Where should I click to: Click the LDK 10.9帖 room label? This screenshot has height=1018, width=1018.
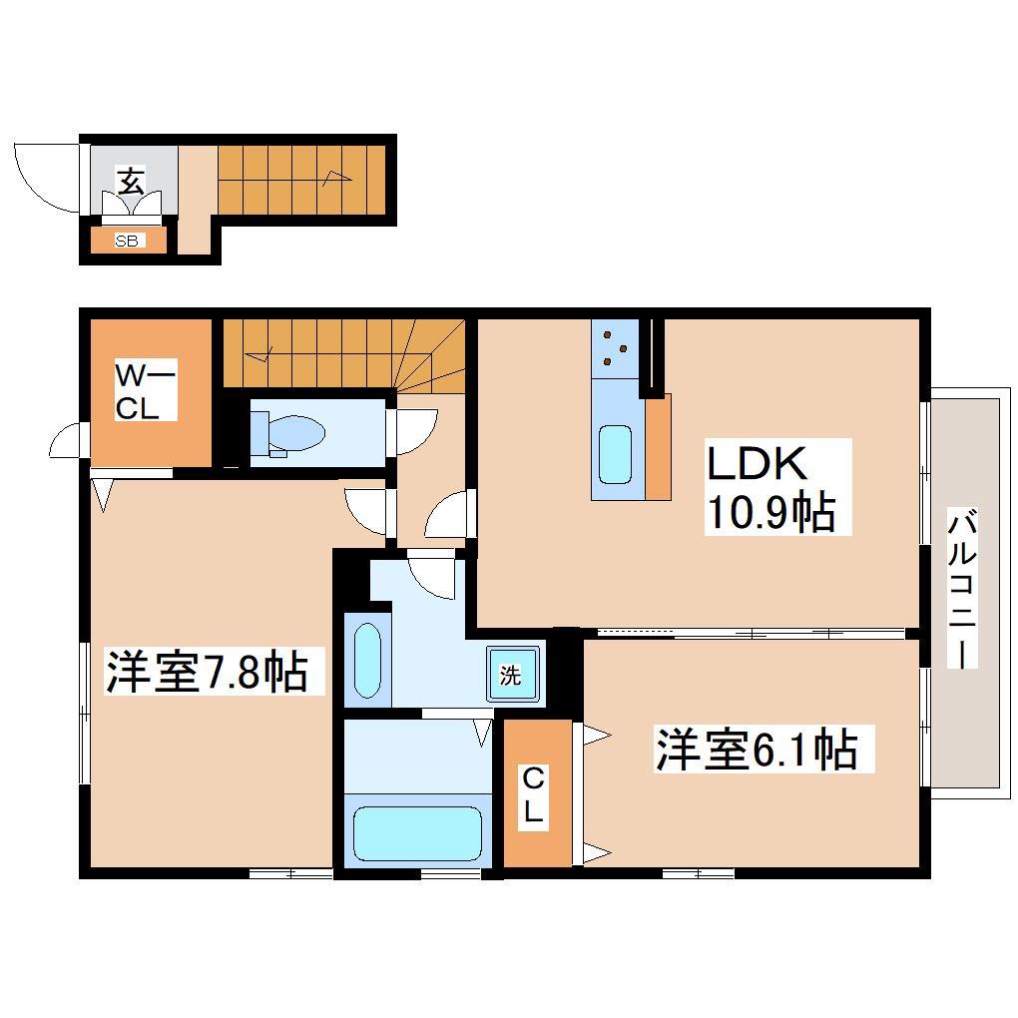click(770, 486)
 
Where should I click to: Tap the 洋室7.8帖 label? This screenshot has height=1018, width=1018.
click(205, 672)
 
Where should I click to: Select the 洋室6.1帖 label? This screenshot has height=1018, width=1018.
click(756, 750)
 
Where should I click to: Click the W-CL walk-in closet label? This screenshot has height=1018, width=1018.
click(146, 392)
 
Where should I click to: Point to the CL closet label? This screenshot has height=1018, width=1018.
click(534, 793)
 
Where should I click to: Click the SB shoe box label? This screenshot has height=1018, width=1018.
click(127, 241)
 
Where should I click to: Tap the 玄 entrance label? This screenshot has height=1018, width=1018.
click(131, 182)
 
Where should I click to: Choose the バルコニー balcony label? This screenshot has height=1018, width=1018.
click(961, 589)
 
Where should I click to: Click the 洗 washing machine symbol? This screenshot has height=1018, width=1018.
click(511, 676)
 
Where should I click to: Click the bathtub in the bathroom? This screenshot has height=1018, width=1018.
click(417, 831)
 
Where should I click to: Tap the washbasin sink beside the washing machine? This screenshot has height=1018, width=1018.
click(368, 661)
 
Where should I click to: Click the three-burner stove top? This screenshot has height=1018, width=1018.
click(614, 349)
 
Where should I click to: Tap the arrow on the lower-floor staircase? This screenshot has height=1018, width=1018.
click(337, 179)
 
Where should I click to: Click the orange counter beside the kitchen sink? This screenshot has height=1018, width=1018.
click(658, 446)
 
